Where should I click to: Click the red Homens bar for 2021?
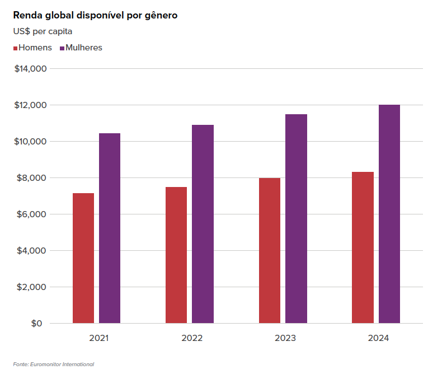83,258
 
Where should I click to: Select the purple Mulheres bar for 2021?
110,228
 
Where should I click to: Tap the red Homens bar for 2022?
176,255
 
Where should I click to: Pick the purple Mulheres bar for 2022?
203,224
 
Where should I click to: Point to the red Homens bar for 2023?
270,250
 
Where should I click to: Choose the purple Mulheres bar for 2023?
296,218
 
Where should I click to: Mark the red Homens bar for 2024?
363,247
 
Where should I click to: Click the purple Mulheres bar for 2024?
389,214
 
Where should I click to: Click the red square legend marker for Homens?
15,48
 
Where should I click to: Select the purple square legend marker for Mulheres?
62,48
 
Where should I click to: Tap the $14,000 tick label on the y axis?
31,68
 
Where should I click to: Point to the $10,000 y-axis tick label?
31,142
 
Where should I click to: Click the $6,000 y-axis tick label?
31,214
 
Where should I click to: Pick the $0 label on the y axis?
36,324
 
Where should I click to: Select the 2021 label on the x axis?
99,338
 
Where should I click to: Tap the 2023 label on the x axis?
285,338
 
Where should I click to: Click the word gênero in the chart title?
161,16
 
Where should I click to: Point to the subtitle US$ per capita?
43,31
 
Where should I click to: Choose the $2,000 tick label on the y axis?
31,287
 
